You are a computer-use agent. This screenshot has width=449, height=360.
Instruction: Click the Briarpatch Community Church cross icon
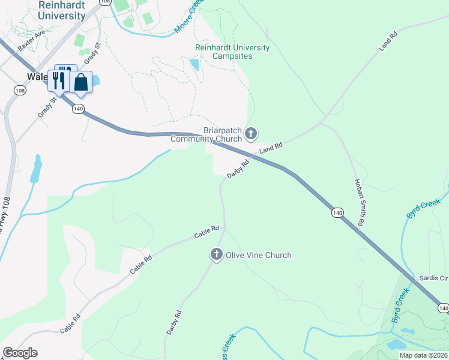coord(252,133)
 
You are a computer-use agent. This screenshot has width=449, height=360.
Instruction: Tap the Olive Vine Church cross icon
coord(216,255)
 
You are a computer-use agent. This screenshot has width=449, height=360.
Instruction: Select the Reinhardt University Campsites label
coord(232,52)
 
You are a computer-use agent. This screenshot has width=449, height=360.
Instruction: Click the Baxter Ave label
coord(31,41)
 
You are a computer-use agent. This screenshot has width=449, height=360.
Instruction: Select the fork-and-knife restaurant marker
coord(59,79)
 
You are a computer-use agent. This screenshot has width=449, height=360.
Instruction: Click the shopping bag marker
coord(81,83)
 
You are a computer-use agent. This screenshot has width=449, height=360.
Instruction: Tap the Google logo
coord(20,353)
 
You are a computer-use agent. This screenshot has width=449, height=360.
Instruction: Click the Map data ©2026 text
coord(423,355)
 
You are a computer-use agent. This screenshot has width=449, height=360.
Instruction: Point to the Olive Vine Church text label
coord(258,255)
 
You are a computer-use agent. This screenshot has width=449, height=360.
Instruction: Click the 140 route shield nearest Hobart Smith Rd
coord(337,212)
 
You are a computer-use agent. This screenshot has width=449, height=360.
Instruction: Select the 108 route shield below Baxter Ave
coord(20,91)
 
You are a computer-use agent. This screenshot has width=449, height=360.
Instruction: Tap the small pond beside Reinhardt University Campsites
coord(194,64)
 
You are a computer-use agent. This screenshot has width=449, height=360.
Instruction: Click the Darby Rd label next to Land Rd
coord(238,169)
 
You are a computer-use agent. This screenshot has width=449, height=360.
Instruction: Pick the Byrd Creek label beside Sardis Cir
coord(400,305)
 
